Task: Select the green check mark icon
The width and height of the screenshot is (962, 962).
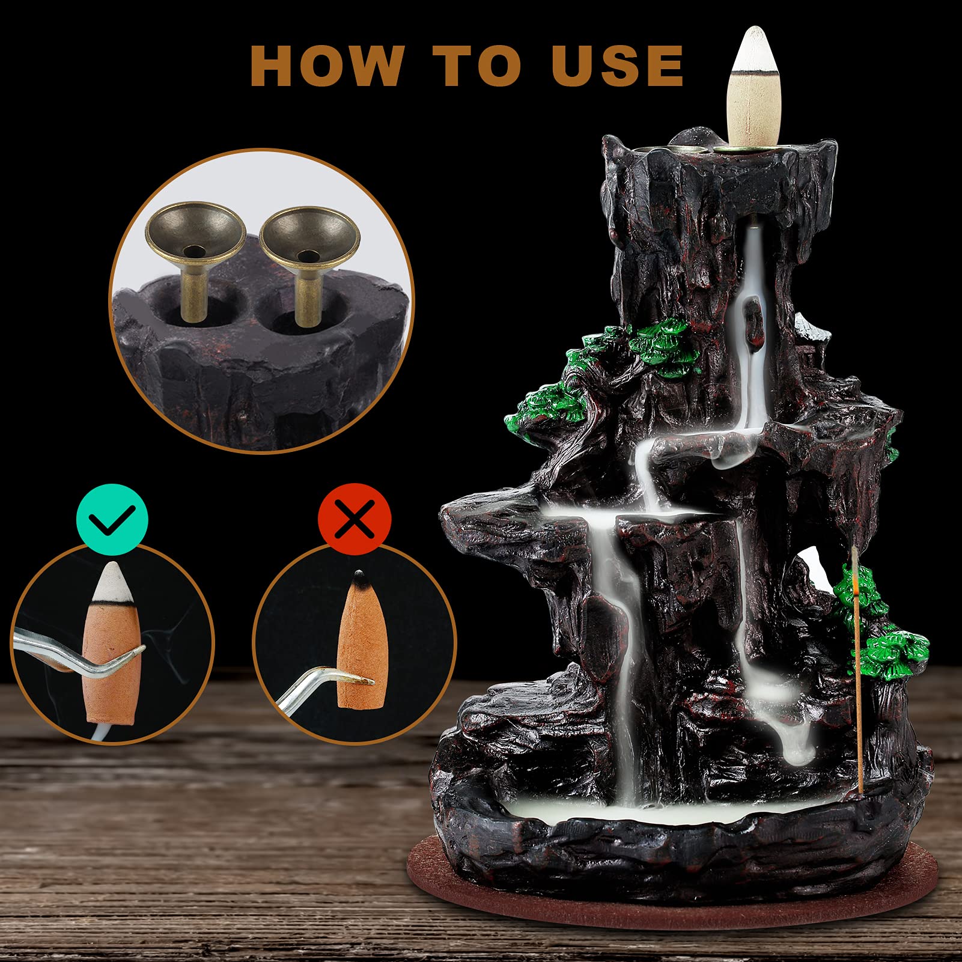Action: (112, 519)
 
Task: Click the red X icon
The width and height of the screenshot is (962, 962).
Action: (355, 519)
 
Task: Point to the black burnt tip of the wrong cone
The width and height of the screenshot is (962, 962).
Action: (359, 579)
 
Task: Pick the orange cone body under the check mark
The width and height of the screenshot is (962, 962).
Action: (113, 661)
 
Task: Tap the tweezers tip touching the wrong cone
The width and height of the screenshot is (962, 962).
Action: (361, 680)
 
